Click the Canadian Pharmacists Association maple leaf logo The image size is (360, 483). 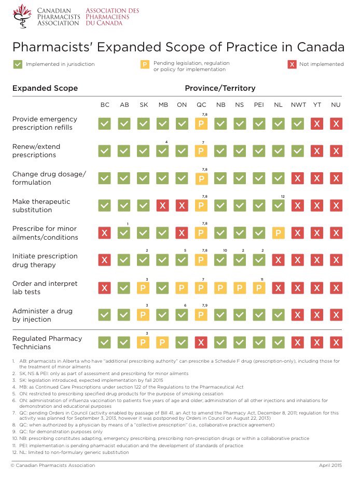20,16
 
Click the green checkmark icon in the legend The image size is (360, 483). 18,64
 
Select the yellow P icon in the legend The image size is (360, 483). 145,65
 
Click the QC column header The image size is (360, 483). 201,105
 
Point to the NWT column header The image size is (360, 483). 298,105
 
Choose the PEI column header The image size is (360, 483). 259,105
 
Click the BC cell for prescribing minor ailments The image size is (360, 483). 105,233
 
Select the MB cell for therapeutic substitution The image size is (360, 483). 163,205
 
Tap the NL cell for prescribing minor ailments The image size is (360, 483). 279,233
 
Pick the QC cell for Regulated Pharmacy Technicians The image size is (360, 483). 201,342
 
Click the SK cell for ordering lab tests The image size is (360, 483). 143,287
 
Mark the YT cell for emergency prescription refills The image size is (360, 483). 317,124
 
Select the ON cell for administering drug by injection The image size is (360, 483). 182,315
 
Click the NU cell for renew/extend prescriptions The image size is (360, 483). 336,151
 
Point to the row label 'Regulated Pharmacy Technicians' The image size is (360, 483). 47,342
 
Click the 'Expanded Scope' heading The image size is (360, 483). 45,88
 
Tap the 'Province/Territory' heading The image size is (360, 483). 220,88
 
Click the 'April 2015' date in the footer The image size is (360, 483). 330,465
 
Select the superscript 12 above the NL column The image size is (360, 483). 283,196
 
